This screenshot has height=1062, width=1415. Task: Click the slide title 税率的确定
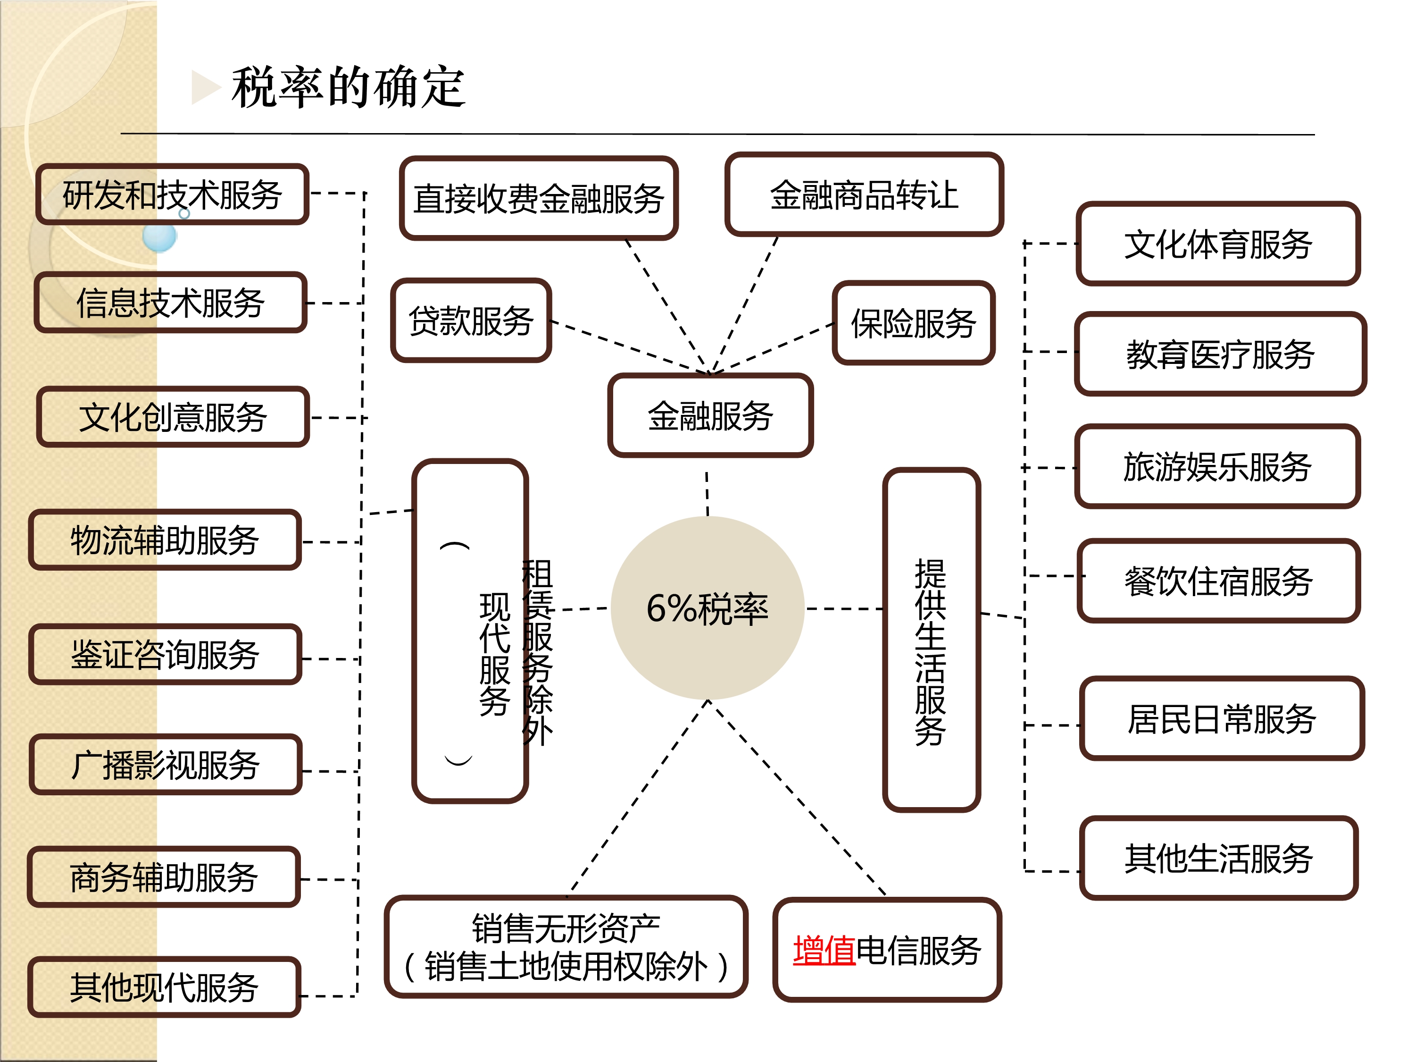(349, 87)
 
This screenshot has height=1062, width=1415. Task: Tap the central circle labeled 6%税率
(707, 608)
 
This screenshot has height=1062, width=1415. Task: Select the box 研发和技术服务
(172, 194)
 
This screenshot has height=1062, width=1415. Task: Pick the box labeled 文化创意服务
(173, 417)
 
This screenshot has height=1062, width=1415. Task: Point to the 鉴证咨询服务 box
(165, 654)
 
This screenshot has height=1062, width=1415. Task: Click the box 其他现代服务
(164, 986)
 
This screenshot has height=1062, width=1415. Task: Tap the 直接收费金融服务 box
(538, 198)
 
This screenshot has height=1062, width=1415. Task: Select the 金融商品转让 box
(864, 194)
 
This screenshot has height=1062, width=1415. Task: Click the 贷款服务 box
(471, 320)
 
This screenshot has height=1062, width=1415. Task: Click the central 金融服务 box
(710, 415)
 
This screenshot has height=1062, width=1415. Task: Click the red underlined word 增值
(824, 950)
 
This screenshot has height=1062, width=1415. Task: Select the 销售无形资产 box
(566, 947)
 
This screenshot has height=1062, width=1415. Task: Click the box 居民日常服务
(1221, 718)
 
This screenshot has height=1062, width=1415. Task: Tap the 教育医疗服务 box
(1220, 354)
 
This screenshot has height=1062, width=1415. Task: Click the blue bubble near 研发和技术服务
(158, 237)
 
